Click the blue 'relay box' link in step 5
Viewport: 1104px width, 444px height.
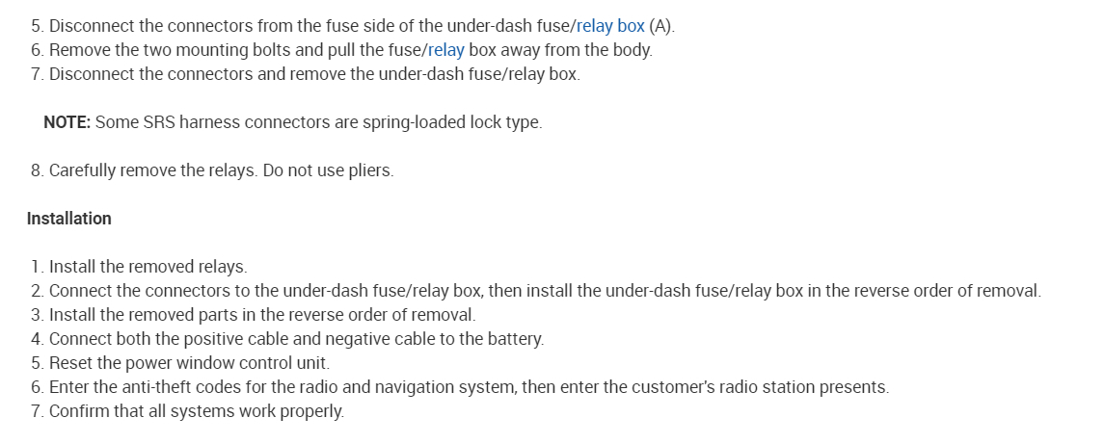(610, 25)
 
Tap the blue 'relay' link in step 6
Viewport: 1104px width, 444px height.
(445, 49)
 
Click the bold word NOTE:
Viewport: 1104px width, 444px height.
(67, 122)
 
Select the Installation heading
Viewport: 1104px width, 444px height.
(69, 219)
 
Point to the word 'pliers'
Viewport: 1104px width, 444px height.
(369, 170)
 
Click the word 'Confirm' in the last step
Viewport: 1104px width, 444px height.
(78, 411)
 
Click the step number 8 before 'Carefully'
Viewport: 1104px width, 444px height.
(36, 170)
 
